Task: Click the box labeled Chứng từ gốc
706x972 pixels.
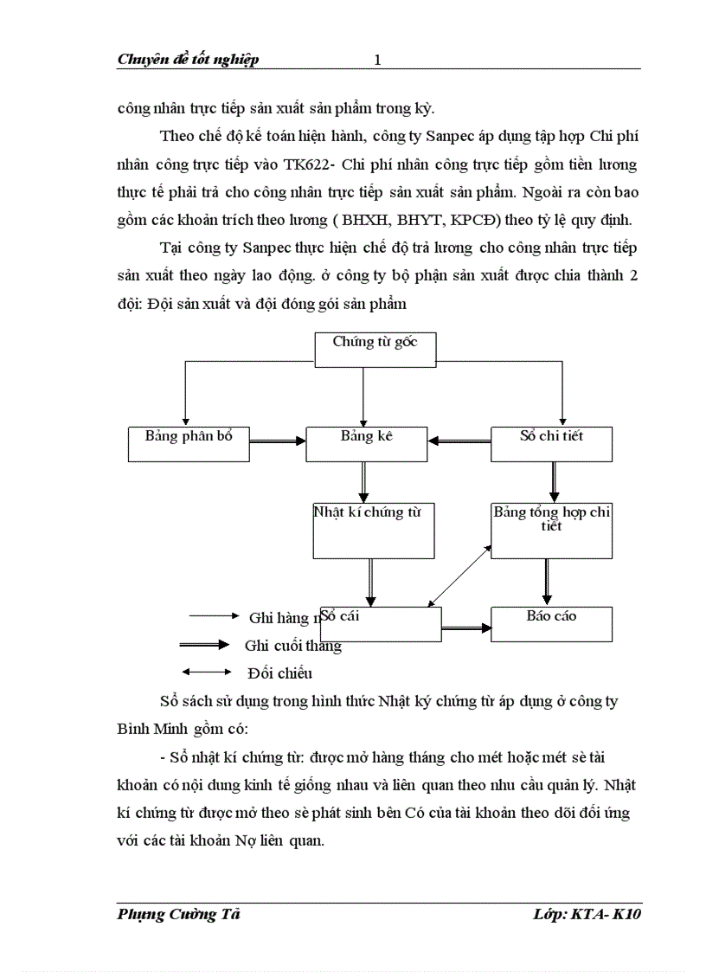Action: (375, 349)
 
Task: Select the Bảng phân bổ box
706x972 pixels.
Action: (189, 443)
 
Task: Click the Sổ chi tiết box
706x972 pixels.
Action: (551, 443)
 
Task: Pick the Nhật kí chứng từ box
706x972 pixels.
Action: (373, 530)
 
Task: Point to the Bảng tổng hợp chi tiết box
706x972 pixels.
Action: (551, 530)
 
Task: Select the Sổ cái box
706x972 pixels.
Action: (381, 623)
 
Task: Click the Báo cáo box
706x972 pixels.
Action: (551, 623)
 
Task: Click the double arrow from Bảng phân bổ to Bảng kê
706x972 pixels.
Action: (278, 441)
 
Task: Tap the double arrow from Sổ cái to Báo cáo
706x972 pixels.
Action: (466, 628)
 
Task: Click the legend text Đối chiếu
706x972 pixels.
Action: (279, 673)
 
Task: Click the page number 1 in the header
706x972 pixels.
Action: (377, 60)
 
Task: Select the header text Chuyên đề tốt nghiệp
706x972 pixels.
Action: (188, 60)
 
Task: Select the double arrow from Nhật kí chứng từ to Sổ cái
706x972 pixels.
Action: (371, 582)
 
